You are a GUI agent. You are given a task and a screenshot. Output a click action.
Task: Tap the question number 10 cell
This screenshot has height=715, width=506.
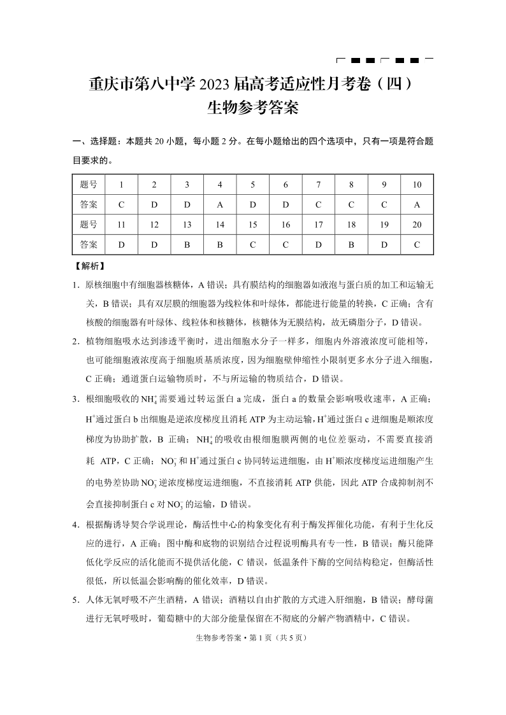[417, 185]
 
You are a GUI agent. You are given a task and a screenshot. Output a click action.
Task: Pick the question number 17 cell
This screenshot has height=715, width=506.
[319, 224]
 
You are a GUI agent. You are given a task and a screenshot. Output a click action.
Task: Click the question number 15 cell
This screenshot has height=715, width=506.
[253, 224]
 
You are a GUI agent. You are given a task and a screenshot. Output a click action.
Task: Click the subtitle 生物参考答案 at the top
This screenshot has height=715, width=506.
[253, 108]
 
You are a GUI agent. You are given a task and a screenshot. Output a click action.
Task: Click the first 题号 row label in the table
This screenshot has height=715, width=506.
[89, 185]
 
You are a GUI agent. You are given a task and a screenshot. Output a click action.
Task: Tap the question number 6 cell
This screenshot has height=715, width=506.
[286, 185]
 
